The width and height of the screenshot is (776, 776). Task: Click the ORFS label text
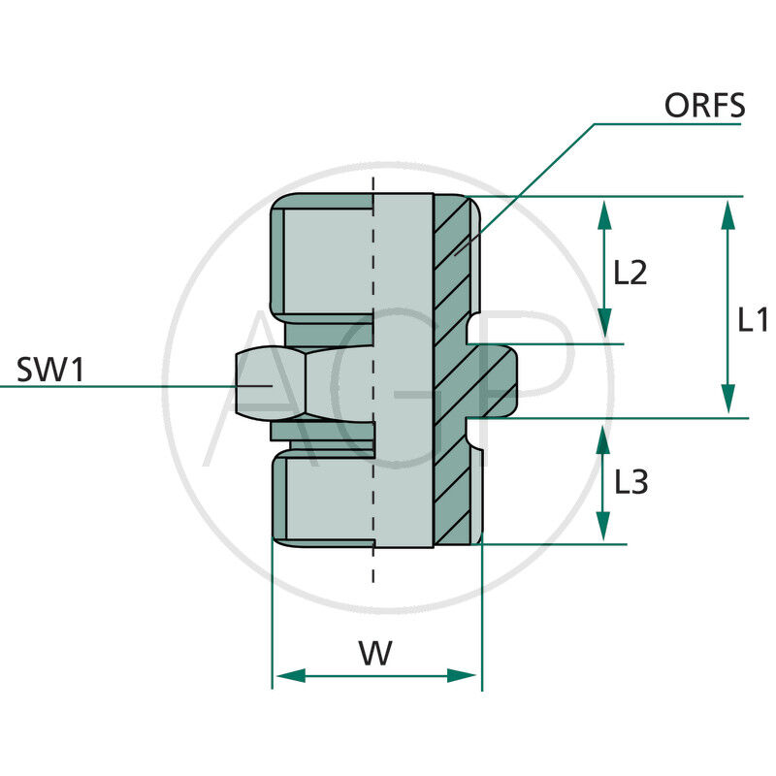coord(704,105)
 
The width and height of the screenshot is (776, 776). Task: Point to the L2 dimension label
coord(630,273)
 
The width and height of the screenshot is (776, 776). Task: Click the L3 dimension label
coord(631,482)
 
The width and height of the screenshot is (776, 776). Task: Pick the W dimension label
coord(375,653)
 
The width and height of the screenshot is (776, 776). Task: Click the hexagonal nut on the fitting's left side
coord(272,383)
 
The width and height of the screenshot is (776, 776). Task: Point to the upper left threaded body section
coord(320,257)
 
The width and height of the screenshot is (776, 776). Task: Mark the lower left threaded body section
coord(320,500)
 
